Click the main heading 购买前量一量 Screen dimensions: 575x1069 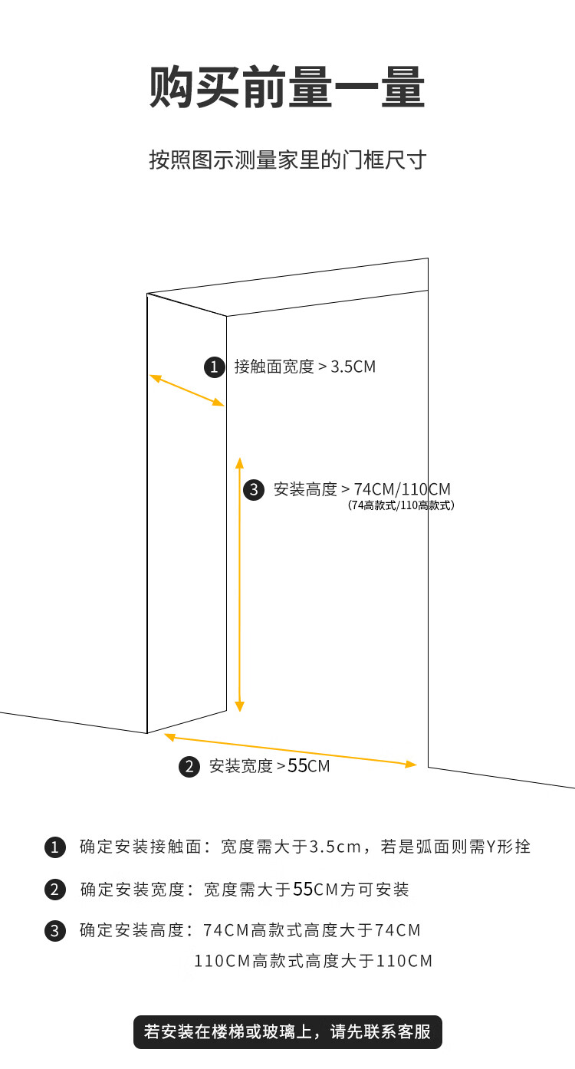[287, 87]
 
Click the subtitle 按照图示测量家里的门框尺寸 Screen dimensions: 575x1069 [287, 160]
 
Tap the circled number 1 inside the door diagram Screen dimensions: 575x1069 [214, 367]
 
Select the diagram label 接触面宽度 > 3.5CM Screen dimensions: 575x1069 [305, 367]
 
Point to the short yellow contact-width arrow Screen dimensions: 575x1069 [186, 390]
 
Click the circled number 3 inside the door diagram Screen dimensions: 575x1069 [254, 490]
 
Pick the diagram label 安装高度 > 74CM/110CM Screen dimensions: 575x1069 [362, 489]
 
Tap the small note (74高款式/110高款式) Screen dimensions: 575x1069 [401, 505]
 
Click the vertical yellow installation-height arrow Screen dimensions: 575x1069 [239, 584]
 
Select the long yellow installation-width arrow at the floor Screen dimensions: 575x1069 [291, 751]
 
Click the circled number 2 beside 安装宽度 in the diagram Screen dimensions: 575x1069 [189, 766]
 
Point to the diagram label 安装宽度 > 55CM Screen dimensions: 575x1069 [270, 766]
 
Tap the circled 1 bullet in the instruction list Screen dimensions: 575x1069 [55, 847]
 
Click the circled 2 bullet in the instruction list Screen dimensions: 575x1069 [55, 890]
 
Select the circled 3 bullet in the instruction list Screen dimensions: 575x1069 [55, 931]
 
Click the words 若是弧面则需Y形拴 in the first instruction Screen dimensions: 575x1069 [455, 847]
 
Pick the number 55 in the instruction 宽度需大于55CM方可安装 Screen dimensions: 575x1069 [303, 889]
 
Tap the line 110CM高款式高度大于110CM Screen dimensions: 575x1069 [313, 961]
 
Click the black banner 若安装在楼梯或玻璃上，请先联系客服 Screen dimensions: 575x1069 [287, 1031]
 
